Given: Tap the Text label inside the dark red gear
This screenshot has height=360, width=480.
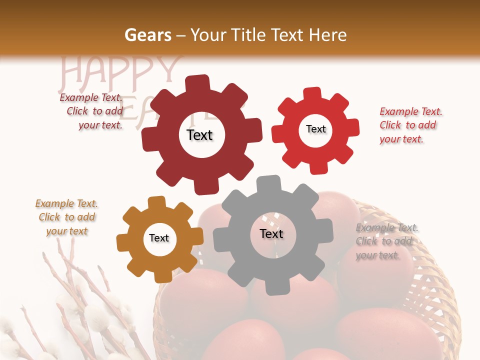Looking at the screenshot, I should [x=199, y=135].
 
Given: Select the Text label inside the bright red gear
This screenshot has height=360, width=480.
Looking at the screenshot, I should [x=315, y=129].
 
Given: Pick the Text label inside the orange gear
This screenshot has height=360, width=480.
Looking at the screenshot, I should [x=159, y=238].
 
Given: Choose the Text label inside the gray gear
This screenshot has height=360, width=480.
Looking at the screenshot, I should [x=271, y=233].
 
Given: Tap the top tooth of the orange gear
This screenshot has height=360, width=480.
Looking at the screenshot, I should [x=156, y=202].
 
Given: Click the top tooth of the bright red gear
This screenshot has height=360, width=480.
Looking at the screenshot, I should [x=312, y=93].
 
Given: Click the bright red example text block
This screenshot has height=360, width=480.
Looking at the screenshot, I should [x=410, y=125].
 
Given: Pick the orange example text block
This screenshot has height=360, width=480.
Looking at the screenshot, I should [x=67, y=217].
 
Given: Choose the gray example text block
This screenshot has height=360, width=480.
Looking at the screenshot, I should [x=386, y=241].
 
